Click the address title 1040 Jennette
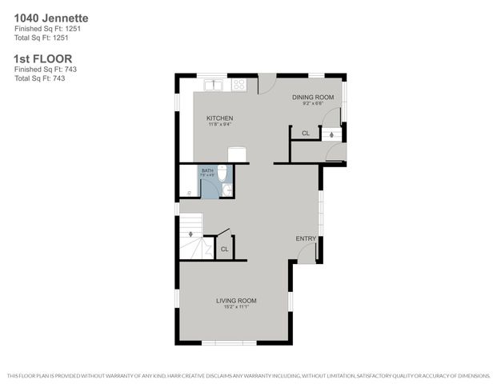(51, 17)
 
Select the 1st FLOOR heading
(43, 58)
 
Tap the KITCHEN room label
(220, 118)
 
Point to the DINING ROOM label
(318, 96)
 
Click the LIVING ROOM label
(236, 301)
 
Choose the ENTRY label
(306, 238)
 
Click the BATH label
(207, 170)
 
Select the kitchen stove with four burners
(238, 83)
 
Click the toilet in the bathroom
(224, 173)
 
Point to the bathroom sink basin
(227, 190)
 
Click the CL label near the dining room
(305, 134)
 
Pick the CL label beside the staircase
(224, 249)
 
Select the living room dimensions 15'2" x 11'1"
(236, 308)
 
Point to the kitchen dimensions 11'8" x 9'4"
(220, 124)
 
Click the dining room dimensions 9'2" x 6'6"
(318, 102)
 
